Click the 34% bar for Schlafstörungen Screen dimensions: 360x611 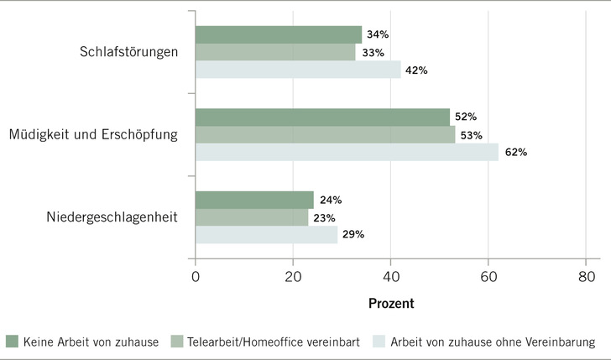[x=279, y=34]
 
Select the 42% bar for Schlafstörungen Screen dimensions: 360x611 [x=298, y=70]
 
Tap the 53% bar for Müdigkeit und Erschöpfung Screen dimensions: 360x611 [x=326, y=135]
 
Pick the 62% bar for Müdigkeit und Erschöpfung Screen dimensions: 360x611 [x=347, y=153]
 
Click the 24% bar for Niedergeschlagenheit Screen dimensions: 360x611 [x=254, y=200]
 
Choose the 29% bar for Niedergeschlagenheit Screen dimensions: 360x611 [x=266, y=235]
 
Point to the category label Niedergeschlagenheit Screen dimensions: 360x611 [x=124, y=217]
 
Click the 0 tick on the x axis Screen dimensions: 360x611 [x=196, y=274]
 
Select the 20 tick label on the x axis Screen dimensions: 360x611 [x=293, y=274]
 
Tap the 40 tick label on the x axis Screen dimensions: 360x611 [x=390, y=274]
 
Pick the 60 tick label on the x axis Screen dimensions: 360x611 [x=488, y=274]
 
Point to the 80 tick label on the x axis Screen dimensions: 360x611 [x=585, y=274]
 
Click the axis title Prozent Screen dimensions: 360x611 [x=390, y=302]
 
